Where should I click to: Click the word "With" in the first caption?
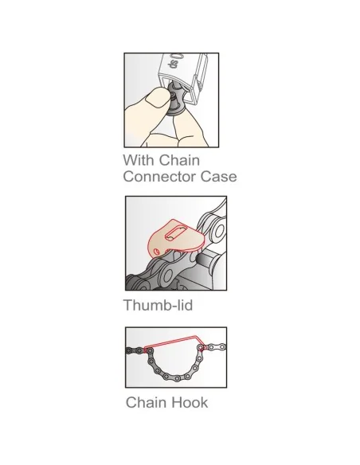(135, 160)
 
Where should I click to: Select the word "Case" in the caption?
(219, 177)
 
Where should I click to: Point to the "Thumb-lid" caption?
(158, 305)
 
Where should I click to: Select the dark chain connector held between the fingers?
(176, 99)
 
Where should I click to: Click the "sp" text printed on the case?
(172, 64)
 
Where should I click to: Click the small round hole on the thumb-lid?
(157, 252)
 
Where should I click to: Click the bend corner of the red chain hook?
(195, 337)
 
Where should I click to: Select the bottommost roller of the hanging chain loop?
(177, 378)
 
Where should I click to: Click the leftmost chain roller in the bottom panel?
(129, 350)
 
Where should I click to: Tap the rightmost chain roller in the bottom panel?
(222, 346)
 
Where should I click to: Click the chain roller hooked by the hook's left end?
(150, 351)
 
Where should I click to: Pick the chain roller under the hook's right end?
(201, 347)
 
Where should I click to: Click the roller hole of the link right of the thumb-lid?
(219, 232)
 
